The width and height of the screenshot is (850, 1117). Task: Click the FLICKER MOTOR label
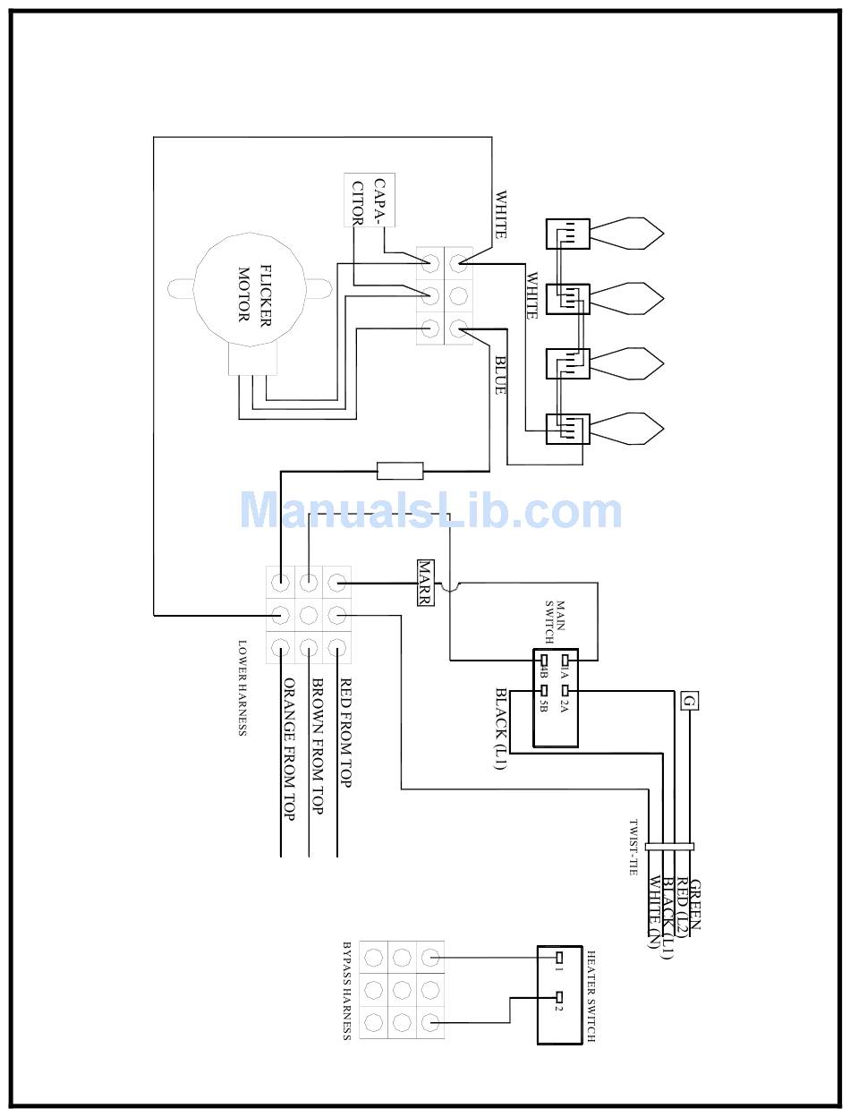point(253,293)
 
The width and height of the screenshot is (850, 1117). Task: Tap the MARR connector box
point(425,584)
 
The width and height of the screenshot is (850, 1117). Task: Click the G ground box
point(689,701)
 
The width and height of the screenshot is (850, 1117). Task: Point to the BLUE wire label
point(500,375)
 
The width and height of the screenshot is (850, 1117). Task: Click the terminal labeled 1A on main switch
point(565,662)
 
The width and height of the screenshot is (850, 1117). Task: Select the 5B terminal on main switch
point(542,692)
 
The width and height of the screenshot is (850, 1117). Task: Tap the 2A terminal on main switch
point(565,692)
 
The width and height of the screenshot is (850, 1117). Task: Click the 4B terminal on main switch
point(542,662)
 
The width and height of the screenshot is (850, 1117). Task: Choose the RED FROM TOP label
point(345,733)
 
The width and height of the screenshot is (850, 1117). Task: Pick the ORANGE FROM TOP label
point(288,750)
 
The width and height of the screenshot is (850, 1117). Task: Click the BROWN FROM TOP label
point(316,746)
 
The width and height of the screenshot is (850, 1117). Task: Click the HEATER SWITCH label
point(591,996)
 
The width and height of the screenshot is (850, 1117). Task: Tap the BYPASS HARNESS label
point(346,990)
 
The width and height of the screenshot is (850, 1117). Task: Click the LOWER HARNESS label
point(242,687)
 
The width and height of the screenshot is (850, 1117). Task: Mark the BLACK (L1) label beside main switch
point(501,729)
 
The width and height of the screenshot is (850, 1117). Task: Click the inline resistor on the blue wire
point(400,470)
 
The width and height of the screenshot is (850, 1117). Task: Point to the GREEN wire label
point(695,905)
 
